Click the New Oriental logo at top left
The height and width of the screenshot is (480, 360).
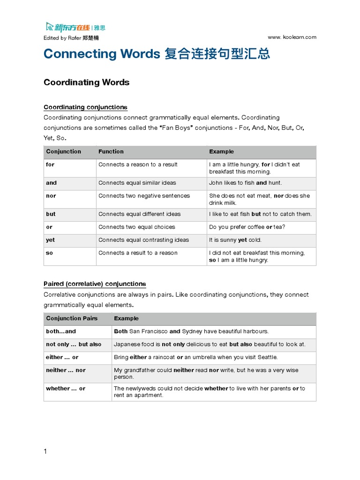point(73,27)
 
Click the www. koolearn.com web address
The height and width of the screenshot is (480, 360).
point(292,37)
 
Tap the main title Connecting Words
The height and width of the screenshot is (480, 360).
point(102,54)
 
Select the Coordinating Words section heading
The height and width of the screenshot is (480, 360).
point(86,82)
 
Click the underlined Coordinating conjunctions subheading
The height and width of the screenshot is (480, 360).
point(85,107)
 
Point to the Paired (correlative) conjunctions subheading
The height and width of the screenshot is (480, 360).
point(95,284)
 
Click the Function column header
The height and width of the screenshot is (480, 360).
point(111,151)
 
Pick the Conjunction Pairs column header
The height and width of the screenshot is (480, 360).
point(72,318)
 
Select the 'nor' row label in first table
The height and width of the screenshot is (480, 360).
point(51,196)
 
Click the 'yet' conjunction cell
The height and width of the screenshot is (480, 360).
point(51,240)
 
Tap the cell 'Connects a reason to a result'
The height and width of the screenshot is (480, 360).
point(138,165)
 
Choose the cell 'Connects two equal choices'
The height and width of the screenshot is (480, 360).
point(137,227)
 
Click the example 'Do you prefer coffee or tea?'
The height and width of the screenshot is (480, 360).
point(247,227)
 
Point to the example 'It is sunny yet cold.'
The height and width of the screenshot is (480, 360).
point(235,240)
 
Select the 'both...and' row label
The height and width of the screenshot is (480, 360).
point(61,331)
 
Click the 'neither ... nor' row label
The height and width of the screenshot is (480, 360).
point(66,370)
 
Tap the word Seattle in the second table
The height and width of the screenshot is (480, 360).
point(267,357)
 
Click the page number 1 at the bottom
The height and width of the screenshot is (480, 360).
point(45,451)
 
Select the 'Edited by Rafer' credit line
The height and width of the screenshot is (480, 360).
point(71,37)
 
